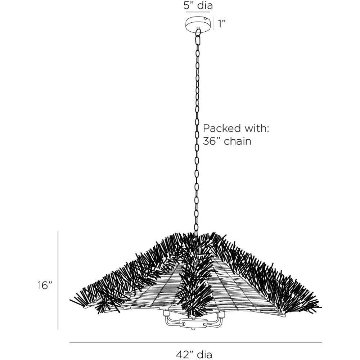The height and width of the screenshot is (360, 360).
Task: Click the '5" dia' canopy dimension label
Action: click(198, 5)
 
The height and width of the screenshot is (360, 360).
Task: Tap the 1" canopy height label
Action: click(222, 23)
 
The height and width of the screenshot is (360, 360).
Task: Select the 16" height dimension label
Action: click(45, 285)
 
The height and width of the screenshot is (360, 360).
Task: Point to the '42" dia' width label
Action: click(194, 354)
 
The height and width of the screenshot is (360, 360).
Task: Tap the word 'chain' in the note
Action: click(238, 141)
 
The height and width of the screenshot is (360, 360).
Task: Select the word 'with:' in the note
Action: click(256, 129)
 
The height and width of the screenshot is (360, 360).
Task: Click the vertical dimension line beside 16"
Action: click(58, 280)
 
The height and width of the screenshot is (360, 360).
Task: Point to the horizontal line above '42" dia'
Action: click(196, 343)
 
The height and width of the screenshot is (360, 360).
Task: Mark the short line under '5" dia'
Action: click(198, 12)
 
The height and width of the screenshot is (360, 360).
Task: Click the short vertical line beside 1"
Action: click(214, 23)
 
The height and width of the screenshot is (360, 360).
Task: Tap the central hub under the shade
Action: click(192, 322)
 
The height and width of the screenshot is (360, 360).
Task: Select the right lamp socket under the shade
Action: click(221, 315)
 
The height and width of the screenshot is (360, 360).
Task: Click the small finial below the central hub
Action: click(192, 328)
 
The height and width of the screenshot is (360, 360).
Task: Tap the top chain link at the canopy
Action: click(198, 32)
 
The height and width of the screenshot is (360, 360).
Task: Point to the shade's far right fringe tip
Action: click(321, 307)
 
